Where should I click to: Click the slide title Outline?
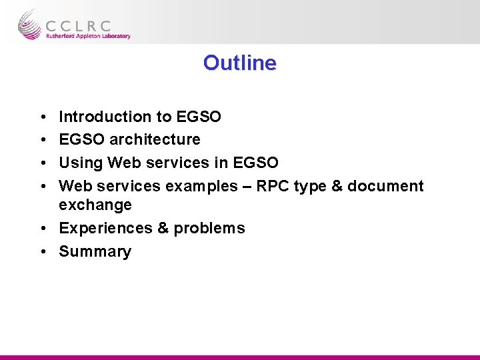[x=239, y=63]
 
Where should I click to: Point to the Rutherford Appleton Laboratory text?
[x=88, y=37]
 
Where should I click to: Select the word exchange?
[x=95, y=205]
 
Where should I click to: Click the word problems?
[x=209, y=228]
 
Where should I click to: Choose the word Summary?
[x=95, y=251]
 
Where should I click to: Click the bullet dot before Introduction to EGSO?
[x=42, y=117]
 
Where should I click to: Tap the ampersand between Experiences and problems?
[x=163, y=228]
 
